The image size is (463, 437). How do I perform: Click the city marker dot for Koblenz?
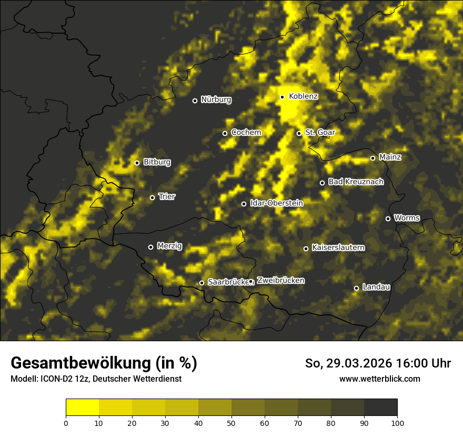coord(282,97)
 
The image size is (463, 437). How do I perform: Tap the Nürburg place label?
coord(216,100)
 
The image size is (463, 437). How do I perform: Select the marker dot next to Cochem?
coord(225,133)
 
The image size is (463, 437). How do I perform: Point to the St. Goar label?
coord(320,132)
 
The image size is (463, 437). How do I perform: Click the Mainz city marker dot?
coord(373,158)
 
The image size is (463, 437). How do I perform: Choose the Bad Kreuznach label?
coord(356,182)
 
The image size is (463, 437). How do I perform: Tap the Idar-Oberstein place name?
coord(276,203)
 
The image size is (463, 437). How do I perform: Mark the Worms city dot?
coord(388,219)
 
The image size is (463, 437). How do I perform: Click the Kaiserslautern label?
coord(338,247)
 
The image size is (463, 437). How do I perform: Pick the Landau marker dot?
coord(356,288)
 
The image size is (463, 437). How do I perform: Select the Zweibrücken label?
coord(280,281)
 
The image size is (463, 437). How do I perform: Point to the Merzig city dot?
coord(150,247)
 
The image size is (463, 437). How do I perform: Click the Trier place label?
coord(167,196)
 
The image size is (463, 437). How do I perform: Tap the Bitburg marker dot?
coord(137,163)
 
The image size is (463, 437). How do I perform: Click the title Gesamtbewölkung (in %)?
coord(104,363)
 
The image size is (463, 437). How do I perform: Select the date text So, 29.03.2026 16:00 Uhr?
coord(378,363)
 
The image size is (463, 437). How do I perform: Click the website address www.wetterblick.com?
coord(379,379)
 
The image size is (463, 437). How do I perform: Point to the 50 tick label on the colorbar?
coord(231,422)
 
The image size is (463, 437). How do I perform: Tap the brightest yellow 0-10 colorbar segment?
coord(82,407)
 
